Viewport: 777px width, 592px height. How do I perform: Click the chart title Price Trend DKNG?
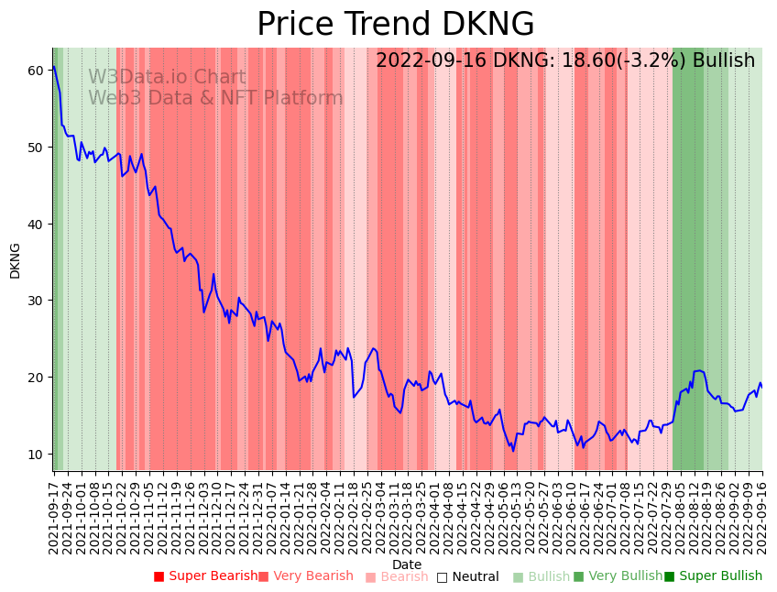click(x=395, y=25)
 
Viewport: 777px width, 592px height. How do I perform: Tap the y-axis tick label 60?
click(x=36, y=71)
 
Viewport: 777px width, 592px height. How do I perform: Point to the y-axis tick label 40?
click(x=36, y=224)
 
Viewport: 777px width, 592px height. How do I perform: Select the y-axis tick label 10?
click(x=36, y=455)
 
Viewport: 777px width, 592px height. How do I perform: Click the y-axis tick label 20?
click(x=36, y=378)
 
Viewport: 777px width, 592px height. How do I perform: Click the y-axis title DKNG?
click(x=15, y=260)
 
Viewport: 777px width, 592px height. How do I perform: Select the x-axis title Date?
click(x=407, y=565)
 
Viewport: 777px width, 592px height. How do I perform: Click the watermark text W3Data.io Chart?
click(x=167, y=77)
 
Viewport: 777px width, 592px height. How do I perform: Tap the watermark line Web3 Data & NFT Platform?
click(x=215, y=98)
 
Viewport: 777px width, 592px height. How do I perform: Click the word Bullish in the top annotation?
click(x=724, y=60)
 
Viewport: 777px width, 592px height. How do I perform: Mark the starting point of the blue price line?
click(x=53, y=66)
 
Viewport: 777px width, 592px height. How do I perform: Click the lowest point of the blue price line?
click(x=513, y=451)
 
